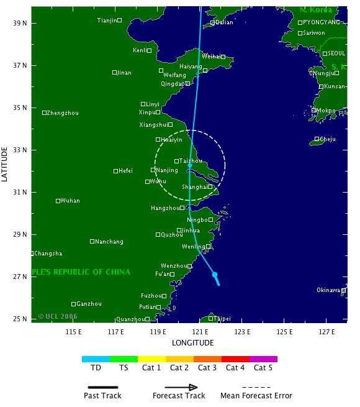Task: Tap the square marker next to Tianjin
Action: [120, 21]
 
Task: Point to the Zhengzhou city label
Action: [63, 113]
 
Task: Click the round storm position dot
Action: [215, 274]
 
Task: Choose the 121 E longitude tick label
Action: [200, 331]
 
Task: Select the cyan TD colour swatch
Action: [96, 359]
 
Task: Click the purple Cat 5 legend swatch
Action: [263, 359]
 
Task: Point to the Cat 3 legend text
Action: [207, 368]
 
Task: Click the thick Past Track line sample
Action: [102, 386]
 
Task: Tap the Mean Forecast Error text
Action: [256, 396]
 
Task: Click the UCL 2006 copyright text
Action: [58, 316]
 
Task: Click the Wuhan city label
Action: [71, 201]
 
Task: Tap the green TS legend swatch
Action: [124, 359]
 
